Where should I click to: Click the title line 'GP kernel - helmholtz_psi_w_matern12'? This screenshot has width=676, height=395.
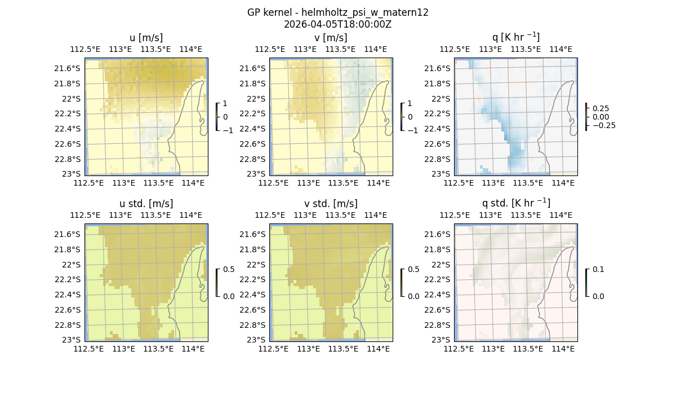[337, 12]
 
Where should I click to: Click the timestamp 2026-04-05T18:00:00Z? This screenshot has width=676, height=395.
[337, 24]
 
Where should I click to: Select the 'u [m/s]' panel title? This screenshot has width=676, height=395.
[146, 38]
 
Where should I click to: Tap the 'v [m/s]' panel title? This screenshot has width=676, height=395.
[331, 38]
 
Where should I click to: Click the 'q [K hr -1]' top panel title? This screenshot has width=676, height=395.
[515, 37]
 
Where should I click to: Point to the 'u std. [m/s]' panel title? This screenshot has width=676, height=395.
[146, 204]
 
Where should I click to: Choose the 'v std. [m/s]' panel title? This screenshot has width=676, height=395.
[331, 204]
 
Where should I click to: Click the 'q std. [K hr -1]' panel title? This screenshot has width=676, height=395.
[515, 203]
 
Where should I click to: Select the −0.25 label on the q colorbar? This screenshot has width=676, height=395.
[603, 125]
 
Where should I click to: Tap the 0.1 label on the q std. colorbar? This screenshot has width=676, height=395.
[598, 270]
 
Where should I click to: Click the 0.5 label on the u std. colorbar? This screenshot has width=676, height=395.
[229, 270]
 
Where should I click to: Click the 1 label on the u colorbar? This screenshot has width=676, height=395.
[225, 104]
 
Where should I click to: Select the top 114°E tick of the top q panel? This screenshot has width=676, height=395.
[561, 49]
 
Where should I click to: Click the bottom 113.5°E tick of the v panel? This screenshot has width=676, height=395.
[344, 183]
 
